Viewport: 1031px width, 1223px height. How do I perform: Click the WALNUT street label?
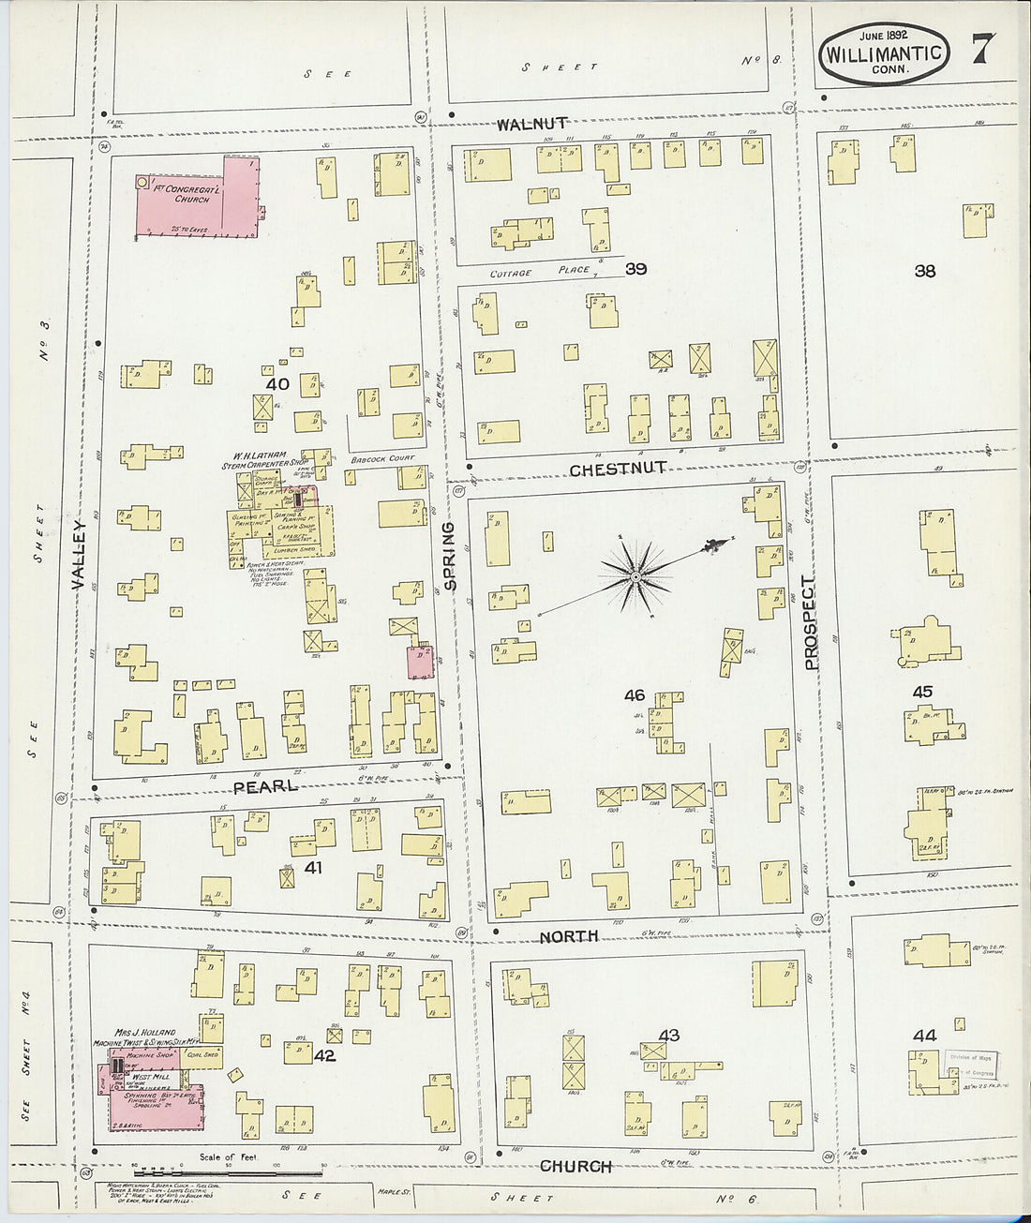click(x=531, y=124)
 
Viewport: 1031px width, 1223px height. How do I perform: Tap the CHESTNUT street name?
click(x=618, y=469)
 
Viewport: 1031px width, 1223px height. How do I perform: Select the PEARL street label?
click(x=265, y=786)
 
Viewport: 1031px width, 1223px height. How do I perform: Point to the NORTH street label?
click(x=569, y=936)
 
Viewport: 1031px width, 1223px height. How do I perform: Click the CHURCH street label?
click(x=575, y=1166)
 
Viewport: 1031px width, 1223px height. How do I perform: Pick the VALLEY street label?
click(x=79, y=555)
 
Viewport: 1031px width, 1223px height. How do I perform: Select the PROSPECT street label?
click(x=811, y=622)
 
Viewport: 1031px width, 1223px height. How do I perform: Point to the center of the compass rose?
click(x=635, y=577)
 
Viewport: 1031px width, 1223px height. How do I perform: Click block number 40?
click(x=276, y=384)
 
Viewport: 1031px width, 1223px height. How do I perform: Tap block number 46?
click(x=635, y=695)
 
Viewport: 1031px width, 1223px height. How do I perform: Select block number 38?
click(x=924, y=271)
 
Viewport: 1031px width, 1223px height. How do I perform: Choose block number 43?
click(x=668, y=1036)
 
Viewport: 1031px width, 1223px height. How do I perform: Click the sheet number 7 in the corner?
click(x=981, y=49)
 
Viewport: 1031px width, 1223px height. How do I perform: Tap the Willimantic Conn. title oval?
click(x=884, y=53)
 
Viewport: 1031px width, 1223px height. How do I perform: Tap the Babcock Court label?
click(x=382, y=459)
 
